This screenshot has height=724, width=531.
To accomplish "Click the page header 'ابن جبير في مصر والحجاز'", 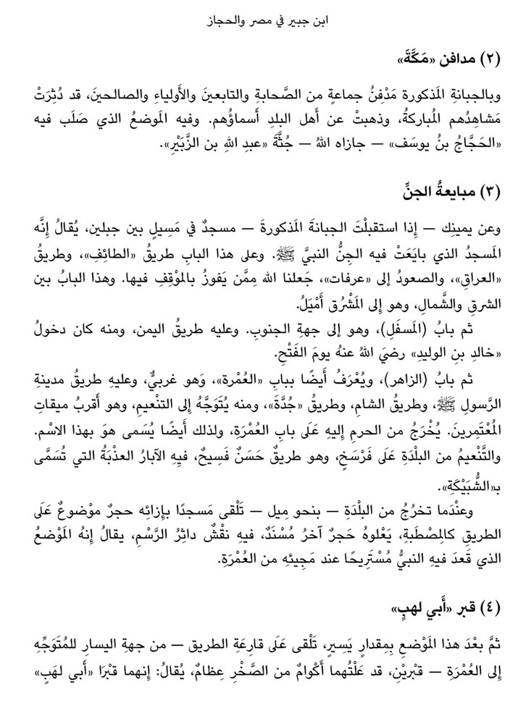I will point(265,22).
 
